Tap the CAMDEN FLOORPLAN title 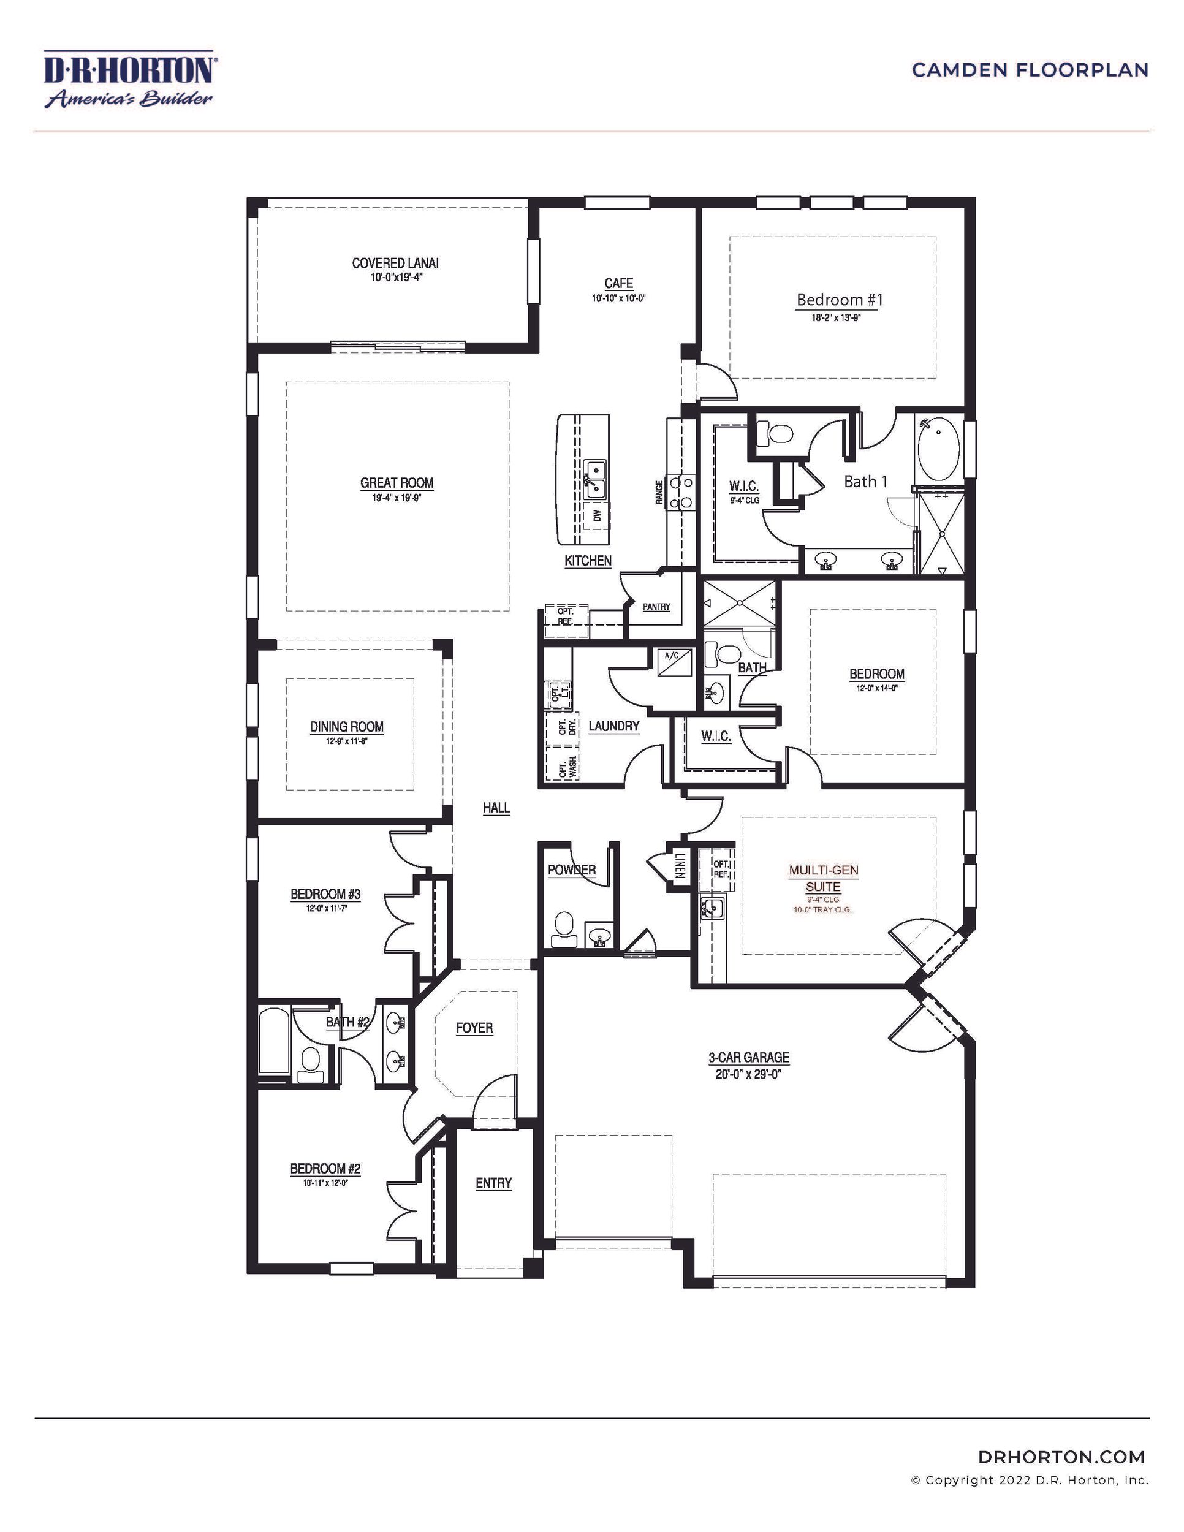click(1030, 70)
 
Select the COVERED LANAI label click(395, 263)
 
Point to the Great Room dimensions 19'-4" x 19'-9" click(397, 499)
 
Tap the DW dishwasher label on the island click(597, 515)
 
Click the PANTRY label click(656, 607)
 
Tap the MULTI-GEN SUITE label click(824, 878)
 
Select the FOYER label click(474, 1028)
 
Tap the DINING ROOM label click(347, 727)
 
